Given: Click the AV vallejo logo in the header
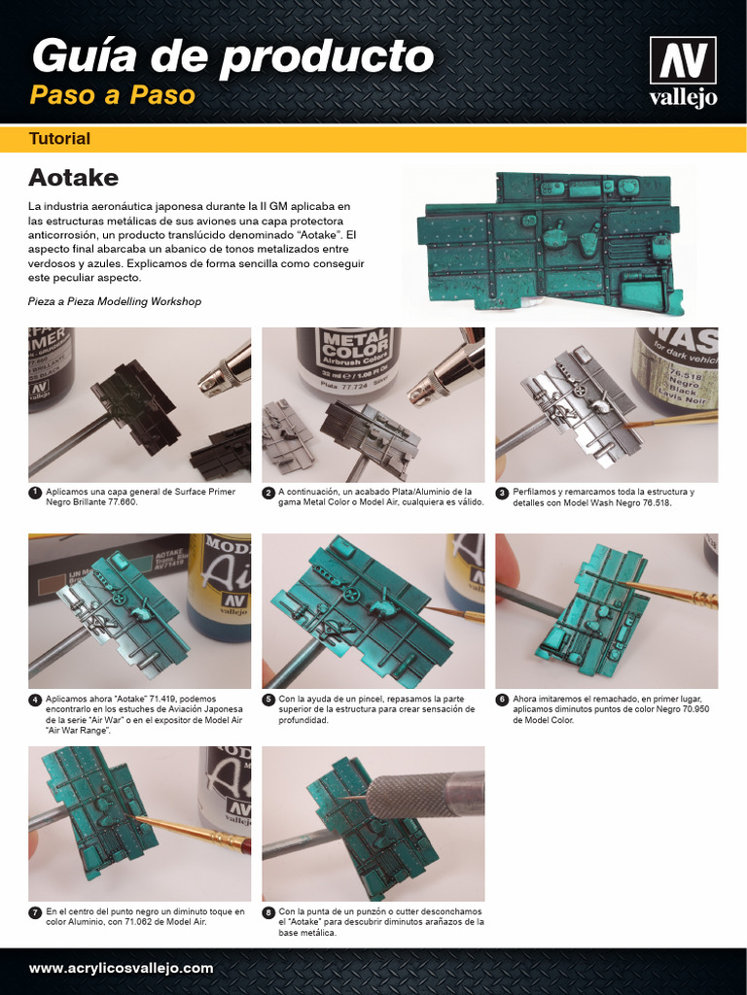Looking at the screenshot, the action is (683, 71).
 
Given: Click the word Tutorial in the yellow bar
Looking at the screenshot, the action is (59, 138).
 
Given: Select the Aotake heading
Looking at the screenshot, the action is (73, 177).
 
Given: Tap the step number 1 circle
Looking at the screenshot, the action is (35, 493).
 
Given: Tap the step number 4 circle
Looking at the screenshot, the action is (35, 700).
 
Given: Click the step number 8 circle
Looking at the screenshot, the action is (268, 912).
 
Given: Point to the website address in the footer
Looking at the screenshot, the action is (121, 969).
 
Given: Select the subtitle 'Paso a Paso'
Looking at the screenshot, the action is (113, 95).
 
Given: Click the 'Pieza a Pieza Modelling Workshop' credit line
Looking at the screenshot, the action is (115, 301).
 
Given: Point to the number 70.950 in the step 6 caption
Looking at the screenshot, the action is (694, 708).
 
